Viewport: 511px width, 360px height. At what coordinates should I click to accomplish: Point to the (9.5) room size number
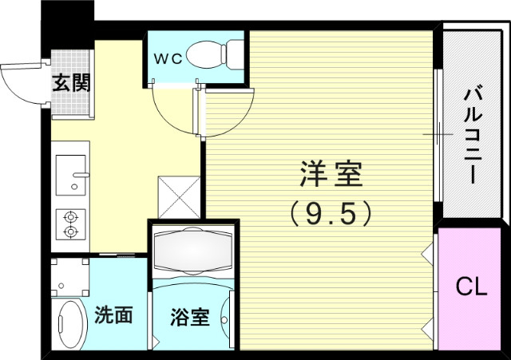pyautogui.click(x=331, y=212)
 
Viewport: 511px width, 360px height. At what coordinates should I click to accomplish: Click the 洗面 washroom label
pyautogui.click(x=114, y=315)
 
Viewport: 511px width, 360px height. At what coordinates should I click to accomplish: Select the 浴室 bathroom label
pyautogui.click(x=190, y=317)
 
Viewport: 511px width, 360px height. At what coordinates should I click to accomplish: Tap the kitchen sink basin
pyautogui.click(x=73, y=175)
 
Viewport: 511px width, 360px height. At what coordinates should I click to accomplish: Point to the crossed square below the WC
pyautogui.click(x=179, y=196)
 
